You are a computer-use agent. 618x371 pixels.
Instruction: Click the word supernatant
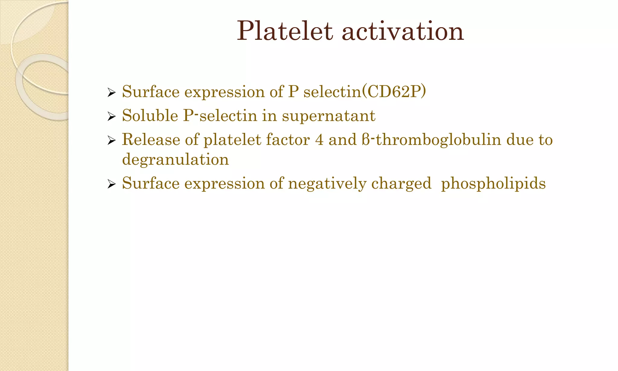pos(329,116)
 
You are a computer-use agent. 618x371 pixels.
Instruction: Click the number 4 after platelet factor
pos(319,140)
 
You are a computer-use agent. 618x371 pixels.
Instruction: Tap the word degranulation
pos(175,160)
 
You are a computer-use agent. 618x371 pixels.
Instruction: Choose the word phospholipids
pos(493,184)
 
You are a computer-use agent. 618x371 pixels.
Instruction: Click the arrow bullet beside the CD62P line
pos(111,93)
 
